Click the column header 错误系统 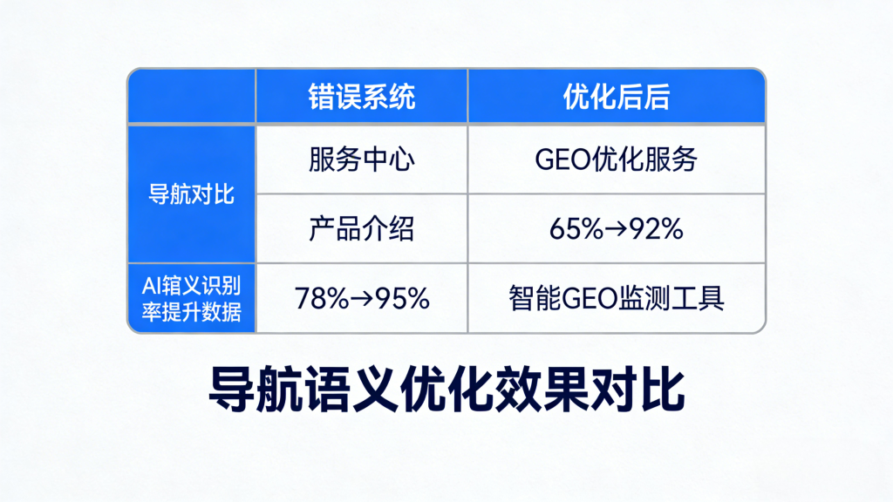click(x=361, y=97)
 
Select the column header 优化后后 click(x=616, y=97)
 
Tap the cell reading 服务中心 click(x=361, y=159)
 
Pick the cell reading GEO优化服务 click(x=616, y=159)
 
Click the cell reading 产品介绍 click(x=361, y=228)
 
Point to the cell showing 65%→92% click(x=616, y=228)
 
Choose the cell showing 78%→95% click(x=361, y=298)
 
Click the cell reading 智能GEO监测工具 click(x=616, y=298)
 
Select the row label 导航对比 click(x=192, y=193)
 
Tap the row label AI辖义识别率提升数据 click(x=192, y=298)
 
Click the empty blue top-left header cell click(x=192, y=97)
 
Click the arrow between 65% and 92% click(x=614, y=229)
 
